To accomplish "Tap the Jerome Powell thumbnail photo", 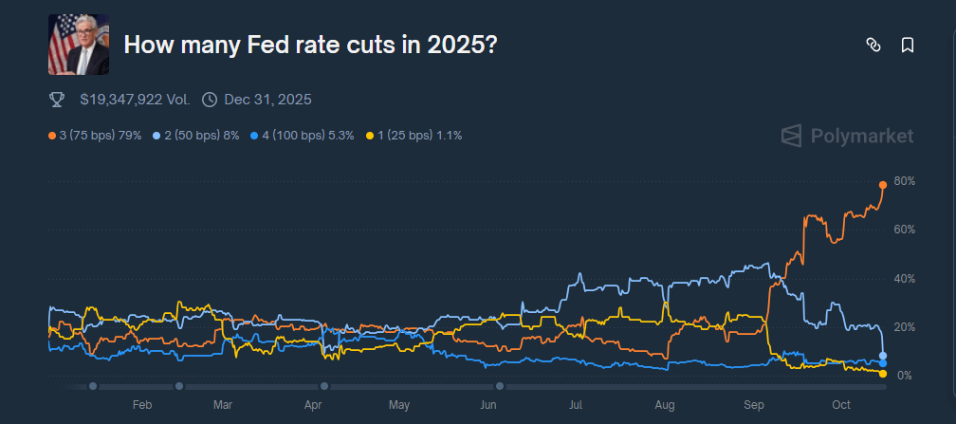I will point(80,45).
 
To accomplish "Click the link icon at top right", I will point(873,45).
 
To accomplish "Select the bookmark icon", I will point(907,45).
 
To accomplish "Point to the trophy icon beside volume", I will point(57,99).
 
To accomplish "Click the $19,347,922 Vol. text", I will point(135,99).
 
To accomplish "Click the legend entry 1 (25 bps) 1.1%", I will point(414,136).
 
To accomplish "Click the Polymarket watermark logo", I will point(847,136).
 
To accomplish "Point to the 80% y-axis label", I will point(904,181).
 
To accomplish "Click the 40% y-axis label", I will point(904,279).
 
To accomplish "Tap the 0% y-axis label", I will point(904,377).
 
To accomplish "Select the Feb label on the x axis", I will point(142,405).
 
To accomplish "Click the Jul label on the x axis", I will point(575,405).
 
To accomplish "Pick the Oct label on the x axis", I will point(841,405).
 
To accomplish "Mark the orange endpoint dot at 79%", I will point(883,184).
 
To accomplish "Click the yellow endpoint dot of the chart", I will point(883,374).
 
